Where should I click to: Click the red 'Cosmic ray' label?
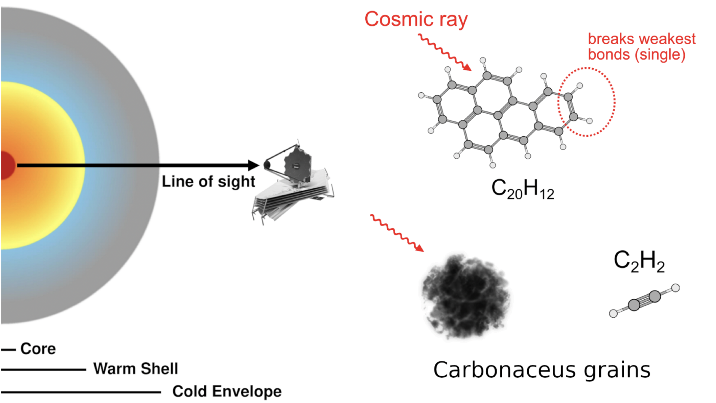(416, 20)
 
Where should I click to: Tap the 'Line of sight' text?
(208, 181)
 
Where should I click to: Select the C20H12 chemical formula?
(522, 189)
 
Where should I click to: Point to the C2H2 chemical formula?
(639, 261)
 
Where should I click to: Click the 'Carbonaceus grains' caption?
(542, 370)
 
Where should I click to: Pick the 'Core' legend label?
(38, 349)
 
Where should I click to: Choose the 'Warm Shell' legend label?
(136, 368)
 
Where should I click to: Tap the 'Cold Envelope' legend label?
(227, 391)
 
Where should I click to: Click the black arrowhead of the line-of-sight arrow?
(254, 165)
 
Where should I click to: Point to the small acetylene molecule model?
(644, 301)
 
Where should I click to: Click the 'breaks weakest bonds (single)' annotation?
(641, 47)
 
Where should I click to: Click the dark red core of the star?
(6, 165)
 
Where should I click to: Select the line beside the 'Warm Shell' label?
(43, 369)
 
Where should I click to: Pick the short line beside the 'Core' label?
(8, 350)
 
